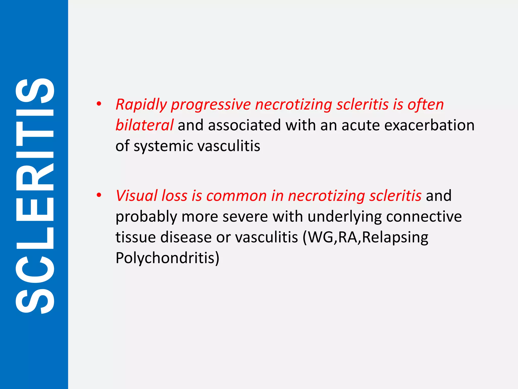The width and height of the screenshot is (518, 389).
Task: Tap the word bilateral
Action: coord(144,125)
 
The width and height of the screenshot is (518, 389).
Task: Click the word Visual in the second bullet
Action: coord(136,196)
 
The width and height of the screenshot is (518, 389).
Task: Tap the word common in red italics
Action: coord(236,196)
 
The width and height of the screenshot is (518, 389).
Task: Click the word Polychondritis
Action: coord(167,258)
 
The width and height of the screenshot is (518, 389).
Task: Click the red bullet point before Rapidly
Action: coord(99,104)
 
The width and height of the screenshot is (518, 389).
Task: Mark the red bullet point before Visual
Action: coord(99,195)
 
